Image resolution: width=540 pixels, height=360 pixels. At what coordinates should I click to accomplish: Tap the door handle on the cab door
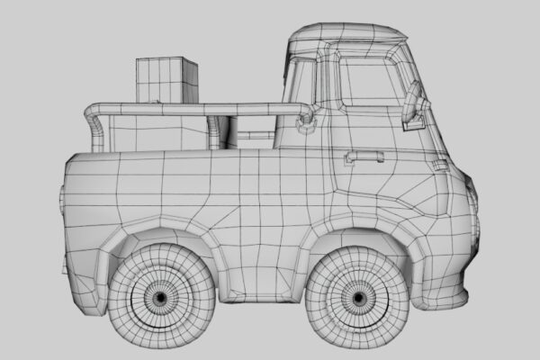(x=364, y=157)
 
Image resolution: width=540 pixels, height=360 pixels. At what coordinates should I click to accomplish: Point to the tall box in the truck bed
(x=166, y=81)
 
